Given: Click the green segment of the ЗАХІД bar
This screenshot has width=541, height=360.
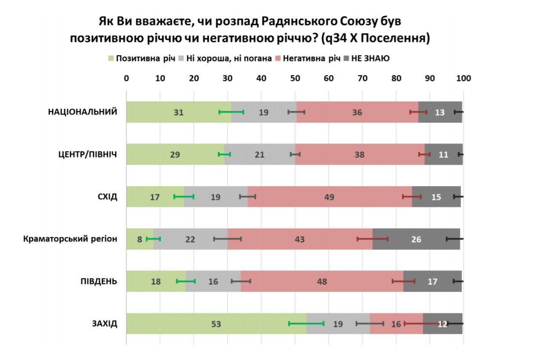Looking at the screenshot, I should pos(194,324).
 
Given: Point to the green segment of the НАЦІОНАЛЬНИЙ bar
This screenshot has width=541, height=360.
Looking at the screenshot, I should pos(160,112).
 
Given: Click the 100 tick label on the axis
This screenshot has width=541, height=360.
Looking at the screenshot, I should pos(464,78).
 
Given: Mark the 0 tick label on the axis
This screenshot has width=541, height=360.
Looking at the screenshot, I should pos(126,78).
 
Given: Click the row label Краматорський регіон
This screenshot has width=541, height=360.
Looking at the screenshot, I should pos(70,239).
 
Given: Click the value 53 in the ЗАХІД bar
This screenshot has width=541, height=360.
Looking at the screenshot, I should pos(216,324).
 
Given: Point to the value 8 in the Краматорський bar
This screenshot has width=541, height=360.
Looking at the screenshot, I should pos(139,239).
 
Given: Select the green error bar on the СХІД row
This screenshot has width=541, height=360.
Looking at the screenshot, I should pos(184,196).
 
